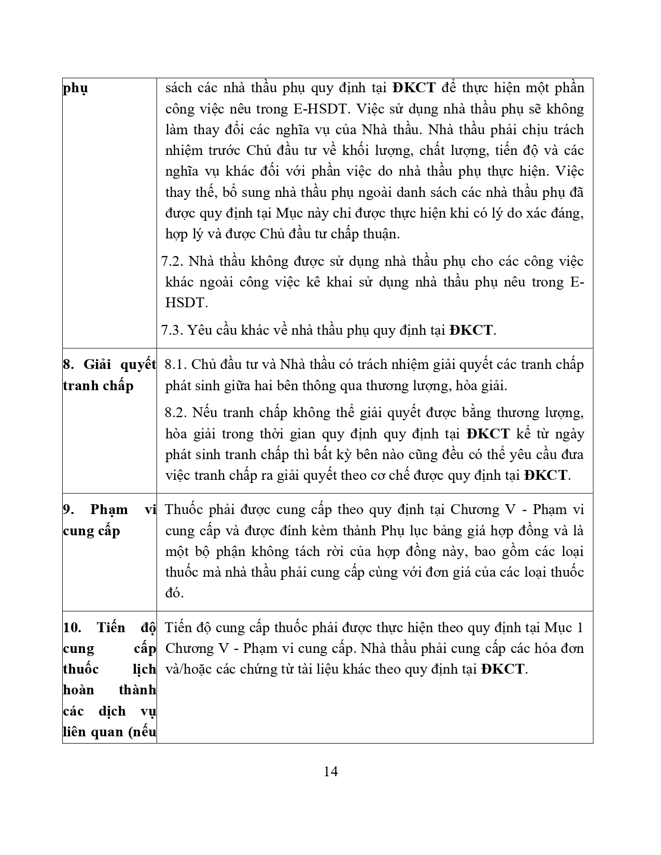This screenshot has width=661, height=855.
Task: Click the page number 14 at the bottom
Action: point(330,772)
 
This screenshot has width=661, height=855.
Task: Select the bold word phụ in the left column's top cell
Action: point(75,89)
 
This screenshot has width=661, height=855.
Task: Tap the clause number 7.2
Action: point(173,261)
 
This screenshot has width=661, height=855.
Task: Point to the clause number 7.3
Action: point(173,330)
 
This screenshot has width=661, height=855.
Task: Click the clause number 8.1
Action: point(176,364)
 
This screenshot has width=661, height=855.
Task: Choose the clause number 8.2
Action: point(176,413)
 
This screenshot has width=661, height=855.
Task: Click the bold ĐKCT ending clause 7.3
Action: point(471,330)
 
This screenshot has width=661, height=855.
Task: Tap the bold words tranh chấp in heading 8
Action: point(98,386)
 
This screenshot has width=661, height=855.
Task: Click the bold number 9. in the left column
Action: point(68,509)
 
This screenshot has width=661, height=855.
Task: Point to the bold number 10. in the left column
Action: point(72,628)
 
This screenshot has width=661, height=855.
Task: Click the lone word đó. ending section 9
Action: point(175,593)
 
